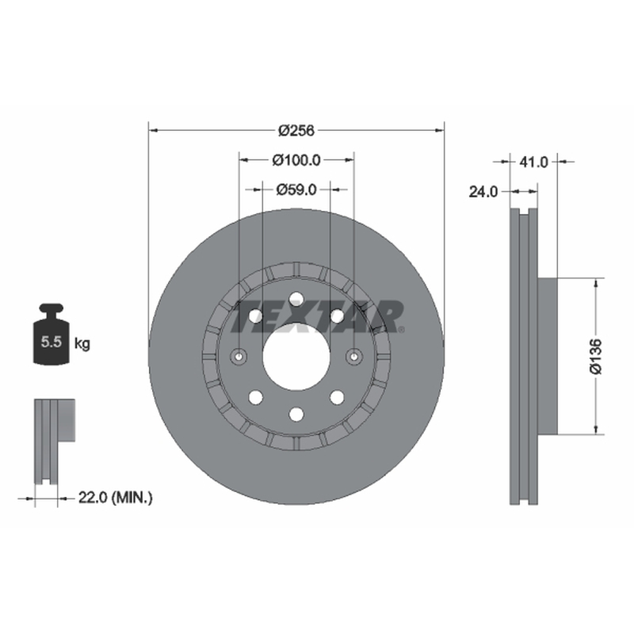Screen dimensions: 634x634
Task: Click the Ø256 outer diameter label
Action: [x=296, y=131]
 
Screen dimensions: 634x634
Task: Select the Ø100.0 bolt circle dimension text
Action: [x=296, y=160]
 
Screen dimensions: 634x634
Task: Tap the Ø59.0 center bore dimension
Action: [x=296, y=189]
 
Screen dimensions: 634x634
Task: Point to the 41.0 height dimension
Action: [x=533, y=162]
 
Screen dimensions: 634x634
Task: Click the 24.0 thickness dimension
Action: [x=483, y=192]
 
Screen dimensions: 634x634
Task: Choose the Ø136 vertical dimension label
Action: [x=596, y=357]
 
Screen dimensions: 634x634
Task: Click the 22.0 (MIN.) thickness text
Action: [x=115, y=498]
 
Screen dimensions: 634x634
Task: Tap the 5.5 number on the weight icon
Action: [x=52, y=342]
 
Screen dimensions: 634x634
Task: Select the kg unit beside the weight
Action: [x=82, y=344]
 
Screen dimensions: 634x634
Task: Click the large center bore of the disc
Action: [x=296, y=357]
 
